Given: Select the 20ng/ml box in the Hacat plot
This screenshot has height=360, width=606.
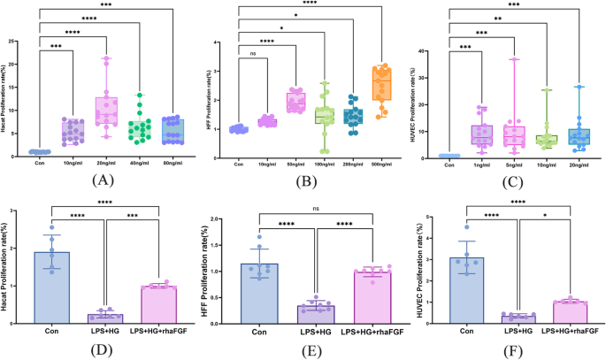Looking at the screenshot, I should click(108, 111).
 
